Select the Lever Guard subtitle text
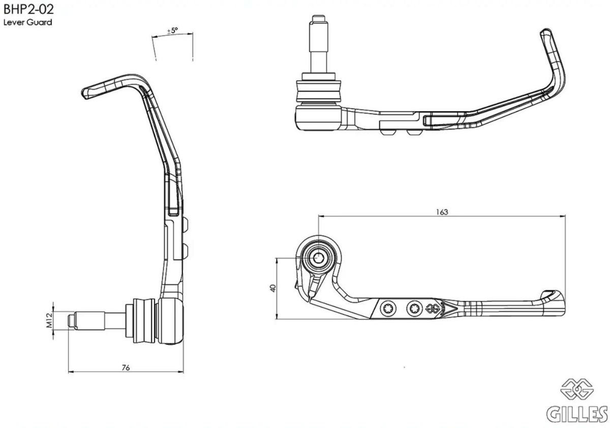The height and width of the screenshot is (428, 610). pyautogui.click(x=28, y=23)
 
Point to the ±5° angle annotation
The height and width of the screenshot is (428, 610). pyautogui.click(x=172, y=31)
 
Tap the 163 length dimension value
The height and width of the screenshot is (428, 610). pyautogui.click(x=442, y=212)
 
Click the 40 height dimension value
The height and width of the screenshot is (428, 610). pyautogui.click(x=273, y=288)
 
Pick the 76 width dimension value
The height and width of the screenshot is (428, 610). pyautogui.click(x=126, y=368)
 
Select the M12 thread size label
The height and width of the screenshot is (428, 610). pyautogui.click(x=49, y=321)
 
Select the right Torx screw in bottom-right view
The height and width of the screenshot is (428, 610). pyautogui.click(x=413, y=307)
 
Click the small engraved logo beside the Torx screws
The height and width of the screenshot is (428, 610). pyautogui.click(x=433, y=307)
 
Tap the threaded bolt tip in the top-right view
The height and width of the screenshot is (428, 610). pyautogui.click(x=319, y=23)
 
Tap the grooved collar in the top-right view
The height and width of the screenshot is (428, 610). pyautogui.click(x=319, y=90)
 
